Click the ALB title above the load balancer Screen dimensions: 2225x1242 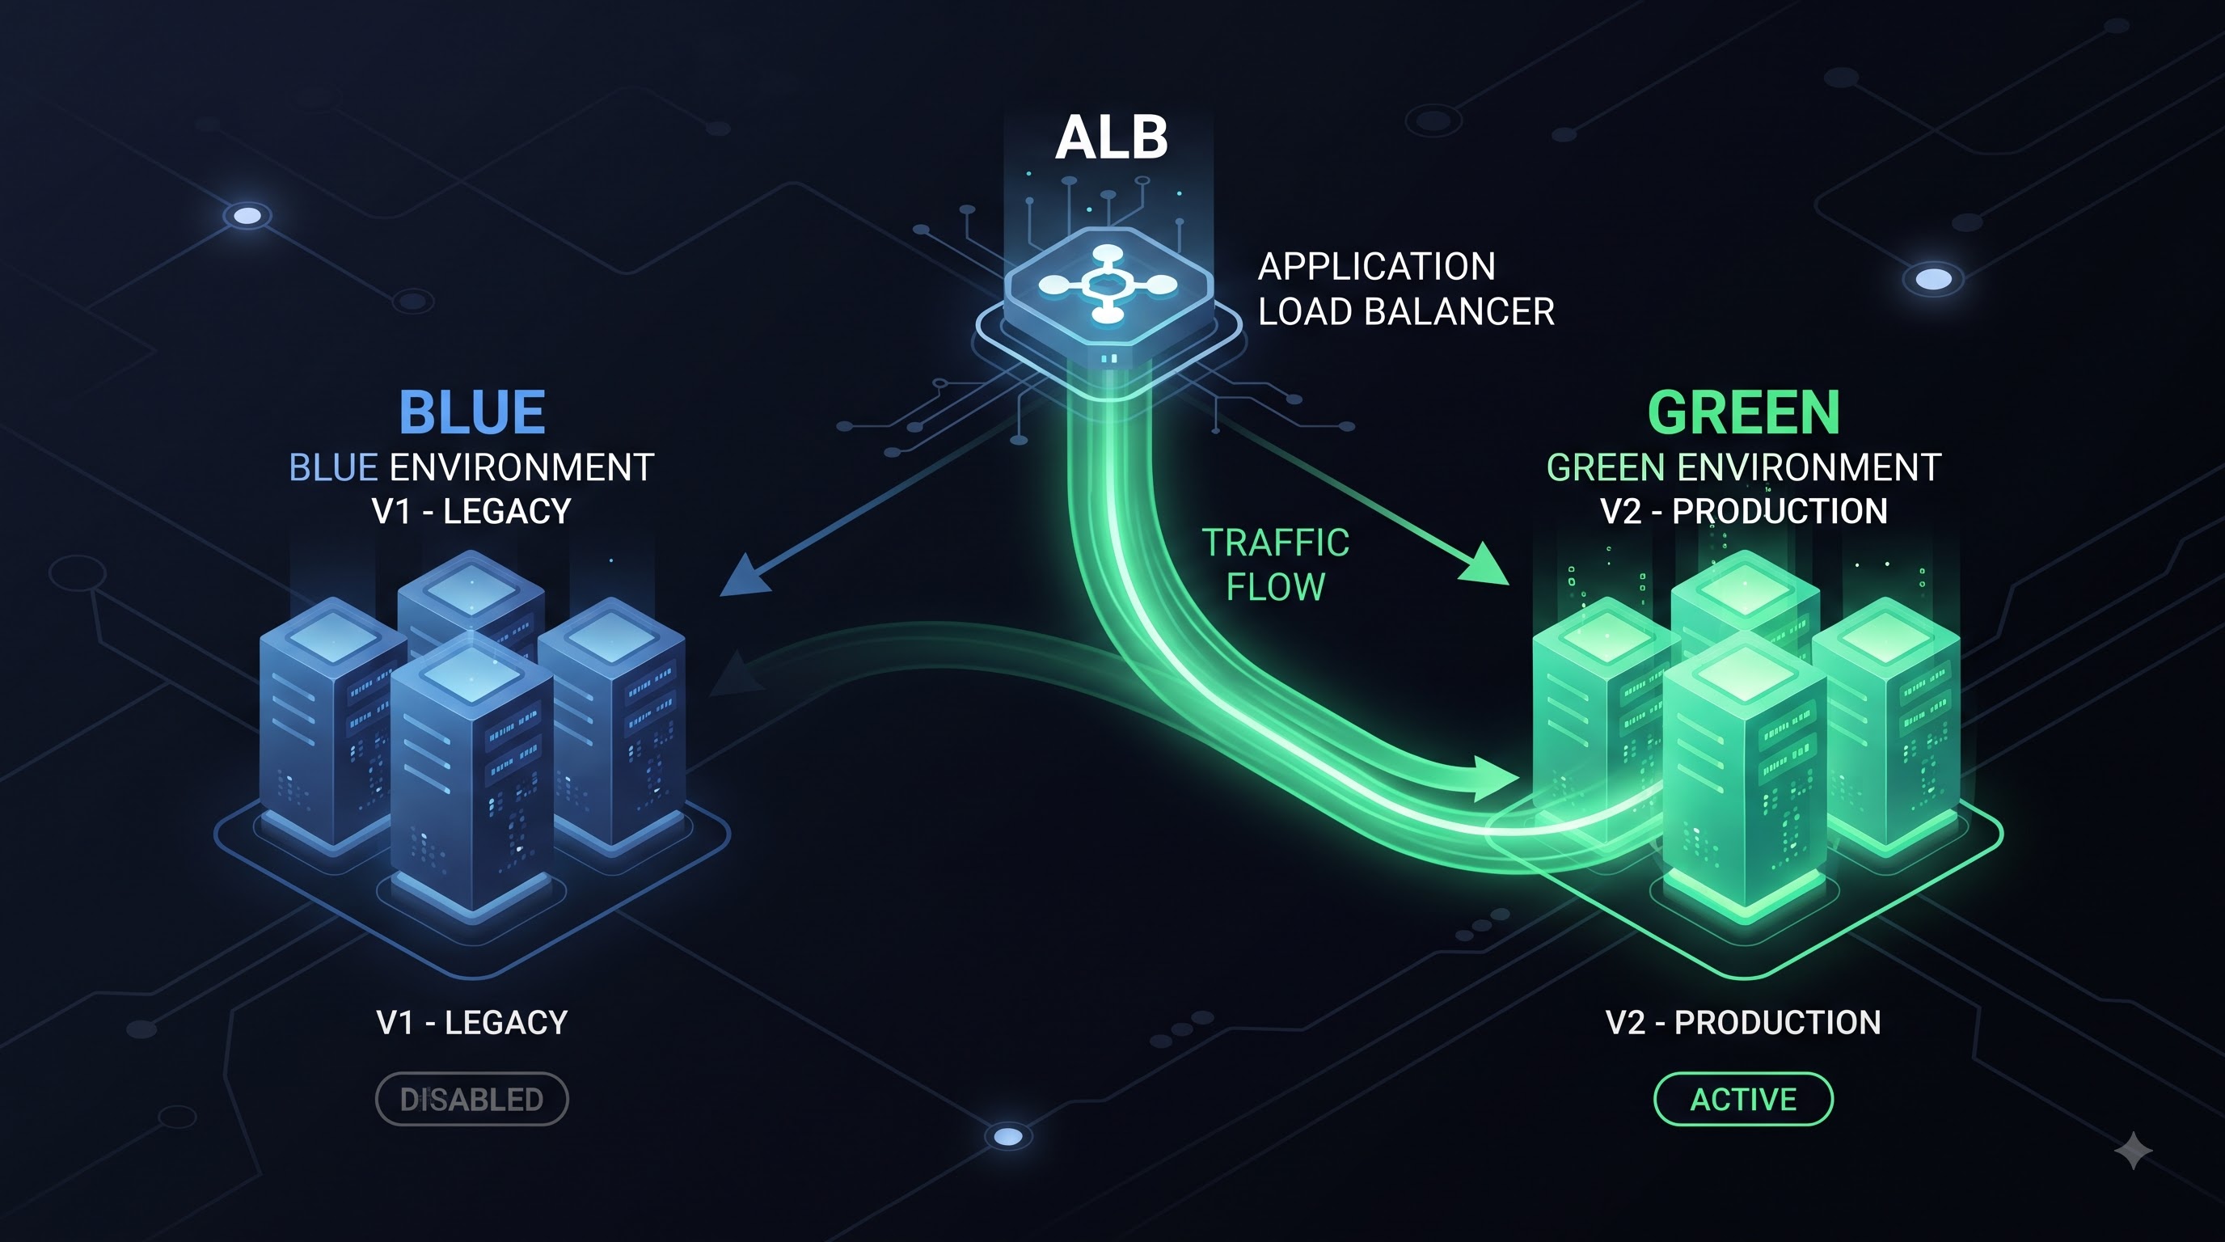1112,137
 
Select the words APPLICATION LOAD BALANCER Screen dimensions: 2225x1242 1406,289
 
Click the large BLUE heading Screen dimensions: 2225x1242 471,412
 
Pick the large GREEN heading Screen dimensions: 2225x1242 1744,412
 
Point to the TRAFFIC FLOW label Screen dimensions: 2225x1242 1276,565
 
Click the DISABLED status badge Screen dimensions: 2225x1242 471,1099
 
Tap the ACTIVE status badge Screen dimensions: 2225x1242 1743,1099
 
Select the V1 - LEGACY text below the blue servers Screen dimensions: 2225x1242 471,1023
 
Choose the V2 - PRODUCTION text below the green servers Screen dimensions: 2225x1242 1743,1023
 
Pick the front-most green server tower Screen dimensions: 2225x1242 1744,777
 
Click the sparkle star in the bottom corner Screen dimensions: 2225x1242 2133,1151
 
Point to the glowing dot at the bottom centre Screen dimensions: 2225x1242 1008,1137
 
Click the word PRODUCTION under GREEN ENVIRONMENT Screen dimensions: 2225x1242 1780,511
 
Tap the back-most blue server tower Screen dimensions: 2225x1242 471,596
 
